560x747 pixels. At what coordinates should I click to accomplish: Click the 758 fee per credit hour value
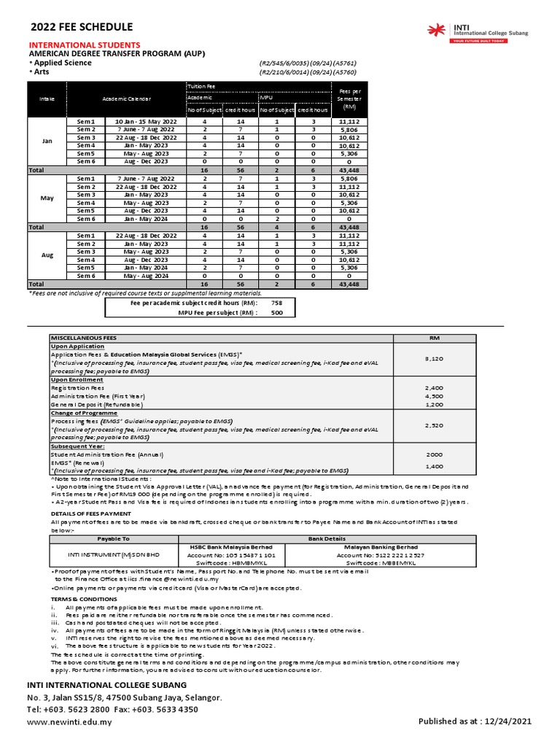(x=276, y=302)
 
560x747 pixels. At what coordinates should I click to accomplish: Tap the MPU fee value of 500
(x=276, y=312)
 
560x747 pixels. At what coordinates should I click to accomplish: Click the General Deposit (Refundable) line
(x=97, y=403)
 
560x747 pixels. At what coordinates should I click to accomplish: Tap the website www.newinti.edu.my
(x=70, y=722)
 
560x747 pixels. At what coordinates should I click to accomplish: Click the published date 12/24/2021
(x=507, y=722)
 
